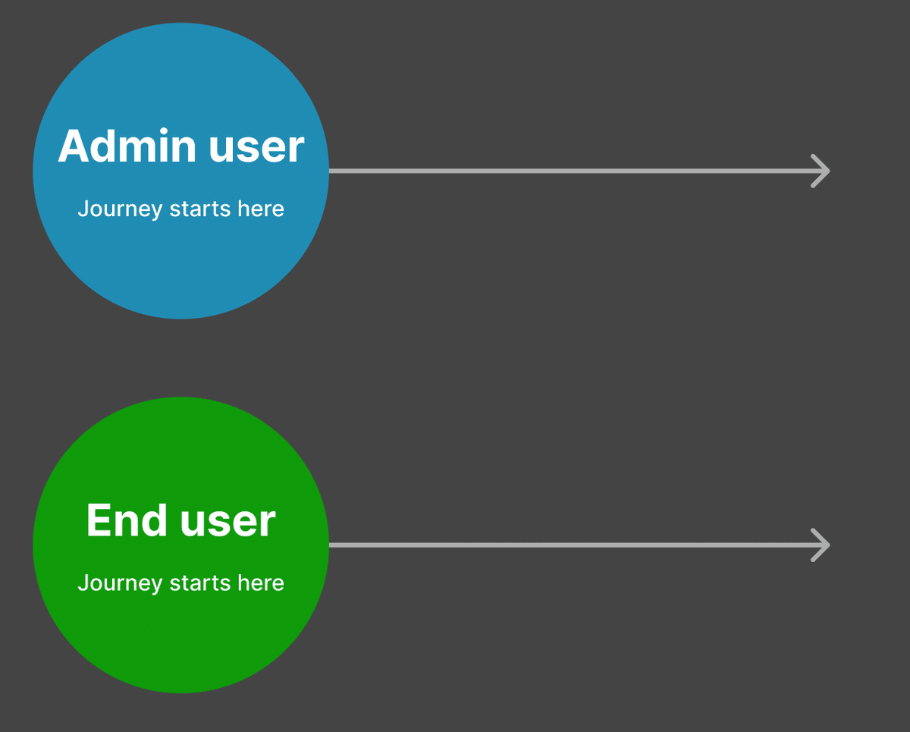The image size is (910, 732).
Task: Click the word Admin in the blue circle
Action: (127, 146)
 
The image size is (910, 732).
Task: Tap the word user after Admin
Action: (256, 149)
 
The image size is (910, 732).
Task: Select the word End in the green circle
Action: (127, 520)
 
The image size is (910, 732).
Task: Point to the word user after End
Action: (228, 523)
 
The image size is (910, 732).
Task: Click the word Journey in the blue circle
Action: (120, 210)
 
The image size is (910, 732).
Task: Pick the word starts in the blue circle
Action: (200, 209)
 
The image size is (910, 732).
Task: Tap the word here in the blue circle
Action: (260, 209)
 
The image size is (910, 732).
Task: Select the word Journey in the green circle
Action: (120, 584)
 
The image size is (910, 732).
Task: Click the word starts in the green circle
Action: (200, 583)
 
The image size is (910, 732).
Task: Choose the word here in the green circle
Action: (260, 583)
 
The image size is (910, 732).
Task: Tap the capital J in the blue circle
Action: (83, 209)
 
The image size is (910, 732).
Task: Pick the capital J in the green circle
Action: (83, 583)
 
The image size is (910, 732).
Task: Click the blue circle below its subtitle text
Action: (181, 266)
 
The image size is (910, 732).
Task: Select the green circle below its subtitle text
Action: (181, 641)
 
